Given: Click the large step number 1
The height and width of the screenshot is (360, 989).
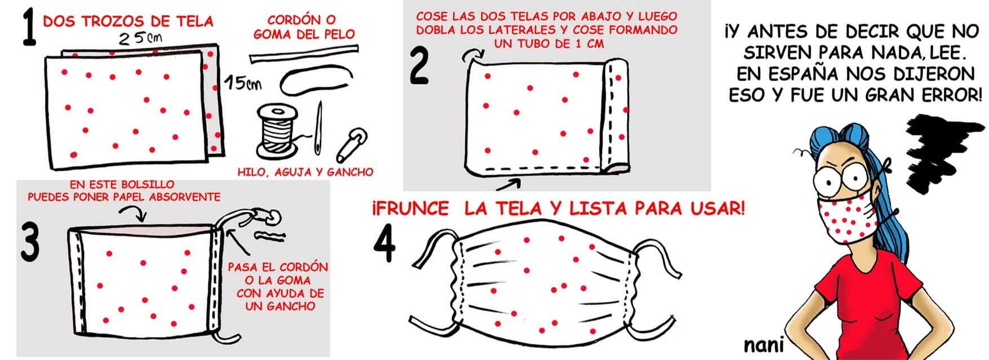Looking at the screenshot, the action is click(29, 29).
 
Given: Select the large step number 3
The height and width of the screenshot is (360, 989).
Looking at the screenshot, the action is click(29, 241).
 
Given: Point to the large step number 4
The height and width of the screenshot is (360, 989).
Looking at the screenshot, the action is click(384, 246).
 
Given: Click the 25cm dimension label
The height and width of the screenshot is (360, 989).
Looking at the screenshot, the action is click(141, 38).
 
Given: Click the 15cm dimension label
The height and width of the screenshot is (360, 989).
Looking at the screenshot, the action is click(243, 83).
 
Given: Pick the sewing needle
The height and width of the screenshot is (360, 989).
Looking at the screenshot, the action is click(319, 128).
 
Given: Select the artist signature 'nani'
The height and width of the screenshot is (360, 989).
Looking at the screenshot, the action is click(764, 345).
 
